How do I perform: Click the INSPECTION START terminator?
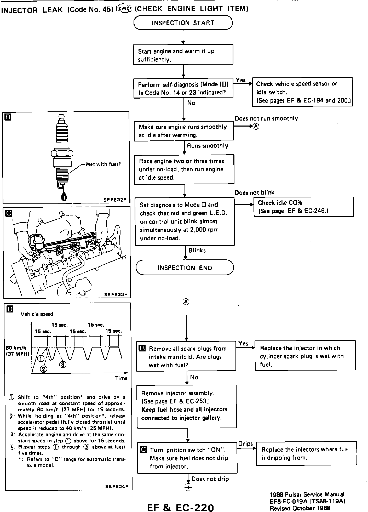(183, 23)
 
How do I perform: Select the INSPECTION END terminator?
(185, 268)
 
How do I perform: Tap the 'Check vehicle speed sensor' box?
(302, 92)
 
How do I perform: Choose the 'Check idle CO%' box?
(303, 207)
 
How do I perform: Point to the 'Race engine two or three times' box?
(184, 169)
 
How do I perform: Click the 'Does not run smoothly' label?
(266, 118)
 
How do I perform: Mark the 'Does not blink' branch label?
(254, 193)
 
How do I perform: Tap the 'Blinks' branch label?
(197, 251)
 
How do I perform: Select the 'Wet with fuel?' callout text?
(103, 164)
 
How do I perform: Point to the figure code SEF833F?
(116, 294)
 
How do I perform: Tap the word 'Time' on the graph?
(121, 378)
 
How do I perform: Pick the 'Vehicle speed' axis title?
(37, 314)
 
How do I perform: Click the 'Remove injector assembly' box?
(187, 406)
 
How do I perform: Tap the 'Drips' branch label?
(245, 444)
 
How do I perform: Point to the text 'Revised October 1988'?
(300, 508)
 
